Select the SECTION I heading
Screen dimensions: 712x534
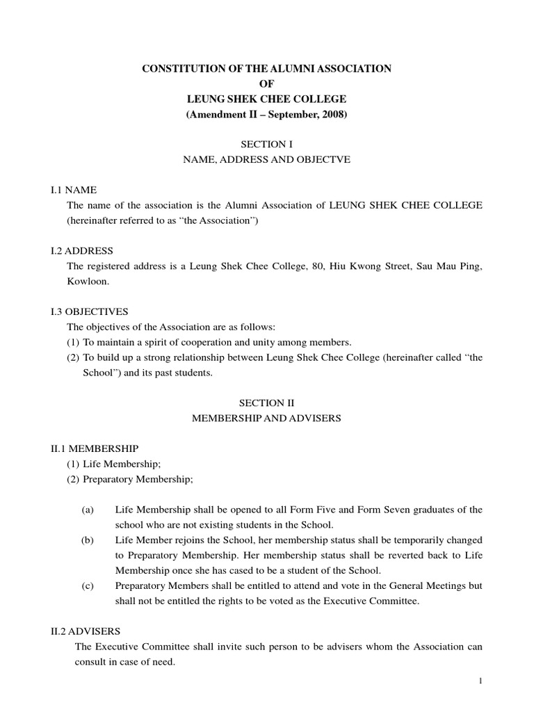coord(267,143)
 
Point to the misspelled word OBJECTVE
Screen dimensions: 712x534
coord(325,159)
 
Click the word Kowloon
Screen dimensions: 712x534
coord(88,282)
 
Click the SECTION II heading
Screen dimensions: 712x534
coord(267,402)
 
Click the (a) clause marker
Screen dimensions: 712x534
coord(88,510)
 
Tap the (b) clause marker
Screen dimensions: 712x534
coord(88,540)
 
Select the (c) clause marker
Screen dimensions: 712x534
coord(88,586)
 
